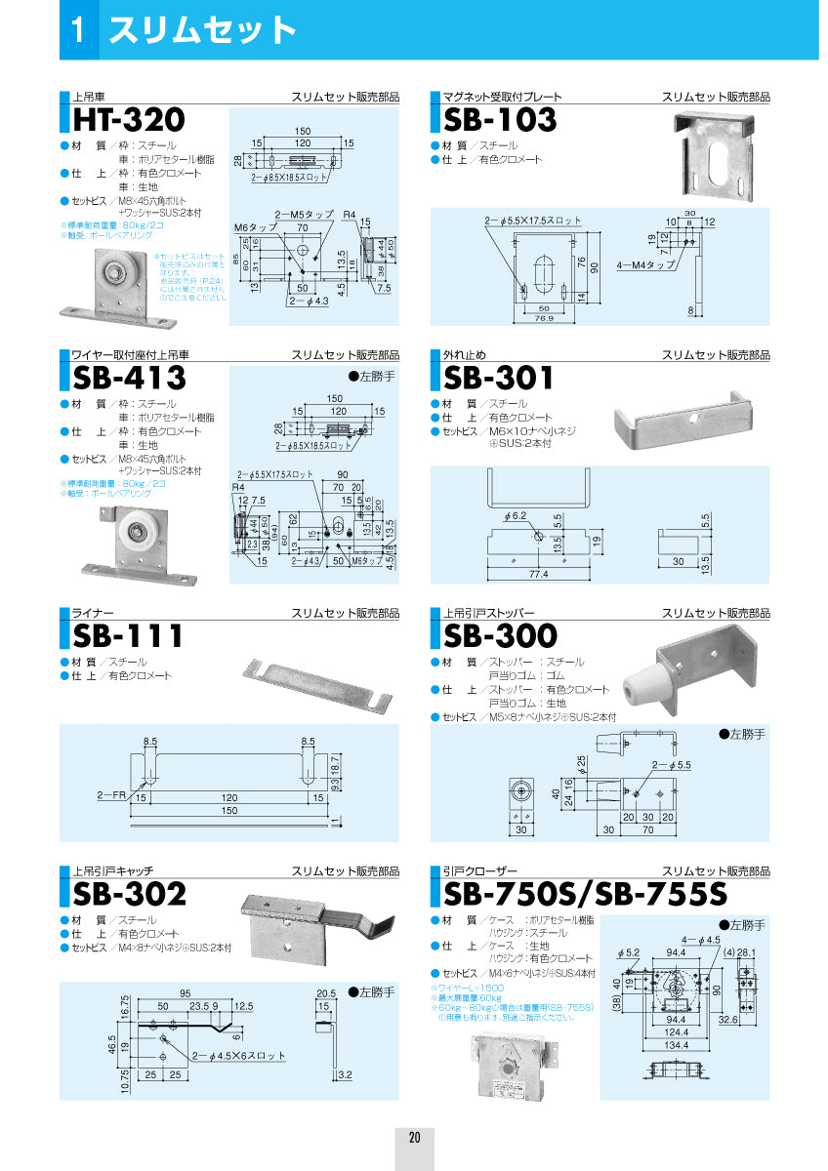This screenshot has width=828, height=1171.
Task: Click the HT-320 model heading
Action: [x=128, y=120]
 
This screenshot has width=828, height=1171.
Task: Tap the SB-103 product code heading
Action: [x=500, y=120]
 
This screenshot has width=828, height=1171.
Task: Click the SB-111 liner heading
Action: [x=128, y=636]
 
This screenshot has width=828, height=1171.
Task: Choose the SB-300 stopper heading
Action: [x=500, y=636]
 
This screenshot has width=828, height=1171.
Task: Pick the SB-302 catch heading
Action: [x=129, y=893]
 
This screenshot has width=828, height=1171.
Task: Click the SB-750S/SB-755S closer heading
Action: [x=586, y=893]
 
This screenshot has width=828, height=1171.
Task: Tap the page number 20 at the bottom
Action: [x=414, y=1138]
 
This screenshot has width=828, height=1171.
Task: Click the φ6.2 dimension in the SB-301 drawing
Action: [x=517, y=514]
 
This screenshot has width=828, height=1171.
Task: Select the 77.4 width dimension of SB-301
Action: [x=537, y=573]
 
